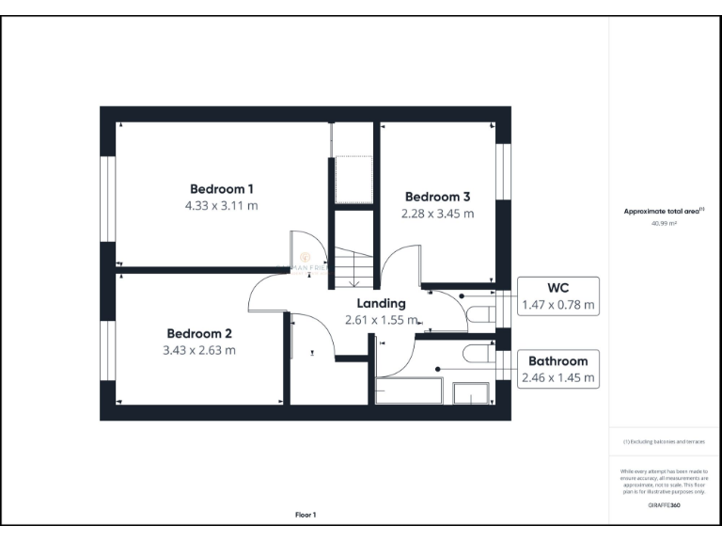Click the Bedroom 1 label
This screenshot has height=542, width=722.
(x=222, y=187)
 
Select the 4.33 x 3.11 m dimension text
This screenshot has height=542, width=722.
(x=222, y=204)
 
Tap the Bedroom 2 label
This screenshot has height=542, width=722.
(x=199, y=333)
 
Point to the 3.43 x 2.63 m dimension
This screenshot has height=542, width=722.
(x=199, y=350)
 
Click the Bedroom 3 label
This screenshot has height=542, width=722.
(x=437, y=197)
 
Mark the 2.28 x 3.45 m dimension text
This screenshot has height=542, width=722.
(x=437, y=214)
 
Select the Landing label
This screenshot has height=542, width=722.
(x=381, y=303)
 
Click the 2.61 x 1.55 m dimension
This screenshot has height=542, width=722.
(x=381, y=320)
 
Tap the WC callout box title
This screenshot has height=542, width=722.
(x=558, y=287)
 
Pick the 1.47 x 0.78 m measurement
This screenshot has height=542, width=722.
(x=558, y=305)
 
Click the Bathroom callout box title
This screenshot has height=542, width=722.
(x=558, y=360)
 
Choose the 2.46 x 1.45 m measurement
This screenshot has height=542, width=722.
(x=558, y=378)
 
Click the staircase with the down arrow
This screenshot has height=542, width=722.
(x=355, y=267)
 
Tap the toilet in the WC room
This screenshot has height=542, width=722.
(x=481, y=312)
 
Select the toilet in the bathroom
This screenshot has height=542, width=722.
(x=481, y=354)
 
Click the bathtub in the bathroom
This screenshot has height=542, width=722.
(x=409, y=391)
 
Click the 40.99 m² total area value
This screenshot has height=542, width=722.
(x=664, y=223)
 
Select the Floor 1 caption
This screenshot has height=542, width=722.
(x=306, y=515)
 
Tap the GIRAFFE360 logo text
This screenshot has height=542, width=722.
(x=664, y=505)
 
